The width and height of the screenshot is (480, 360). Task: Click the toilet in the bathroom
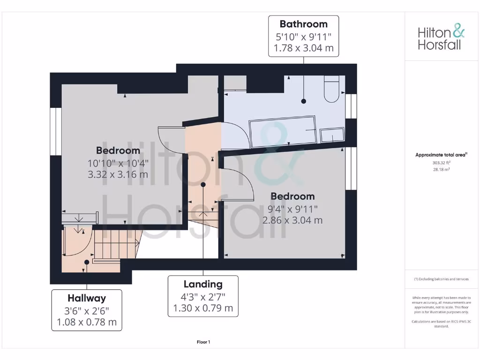point(331,89)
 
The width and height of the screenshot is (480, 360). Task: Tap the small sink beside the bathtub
point(332,135)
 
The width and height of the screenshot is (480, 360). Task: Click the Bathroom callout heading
point(303,24)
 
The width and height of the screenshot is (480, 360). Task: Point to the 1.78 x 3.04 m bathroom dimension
point(303,48)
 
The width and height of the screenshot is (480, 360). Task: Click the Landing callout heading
point(203,284)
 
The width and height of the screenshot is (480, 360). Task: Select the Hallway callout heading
point(87,298)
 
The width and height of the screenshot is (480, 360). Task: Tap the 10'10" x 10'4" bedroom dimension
point(118,163)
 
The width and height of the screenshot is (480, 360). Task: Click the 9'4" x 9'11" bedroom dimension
point(292,209)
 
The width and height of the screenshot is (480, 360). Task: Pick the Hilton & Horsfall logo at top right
point(441,38)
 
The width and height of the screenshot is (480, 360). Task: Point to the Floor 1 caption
point(203,342)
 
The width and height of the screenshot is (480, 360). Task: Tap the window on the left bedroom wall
point(56,132)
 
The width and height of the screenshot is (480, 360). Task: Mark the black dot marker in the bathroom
point(304,101)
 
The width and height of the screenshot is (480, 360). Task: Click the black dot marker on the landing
point(203,185)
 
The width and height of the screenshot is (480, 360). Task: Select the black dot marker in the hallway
point(87,262)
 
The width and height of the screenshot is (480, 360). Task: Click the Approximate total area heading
point(441,155)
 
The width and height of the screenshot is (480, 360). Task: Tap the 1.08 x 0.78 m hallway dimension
point(87,322)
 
